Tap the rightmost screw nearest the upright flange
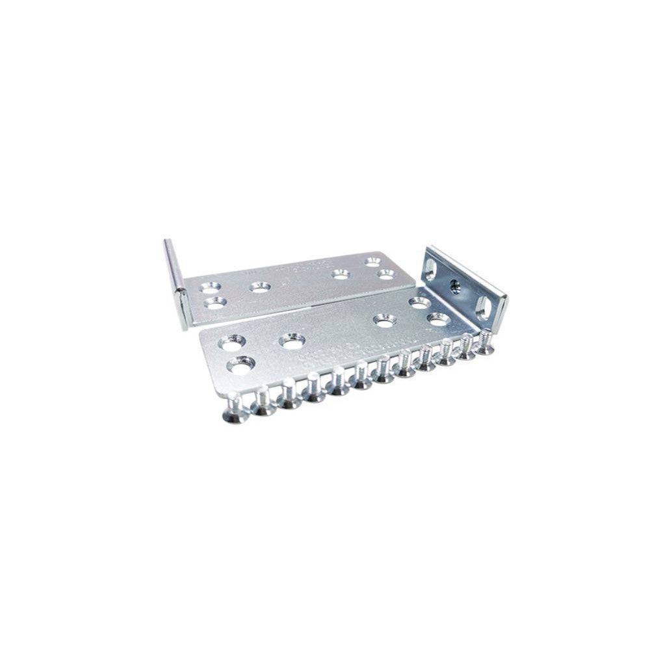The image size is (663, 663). pyautogui.click(x=485, y=343)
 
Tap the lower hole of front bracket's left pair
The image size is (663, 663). pyautogui.click(x=241, y=367)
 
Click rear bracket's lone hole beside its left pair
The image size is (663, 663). pyautogui.click(x=260, y=287)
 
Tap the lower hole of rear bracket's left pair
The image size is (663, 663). pyautogui.click(x=214, y=302)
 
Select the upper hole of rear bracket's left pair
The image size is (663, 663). pyautogui.click(x=209, y=286)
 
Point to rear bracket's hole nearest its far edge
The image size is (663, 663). pyautogui.click(x=372, y=261)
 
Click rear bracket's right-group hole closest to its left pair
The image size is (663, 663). pyautogui.click(x=340, y=274)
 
